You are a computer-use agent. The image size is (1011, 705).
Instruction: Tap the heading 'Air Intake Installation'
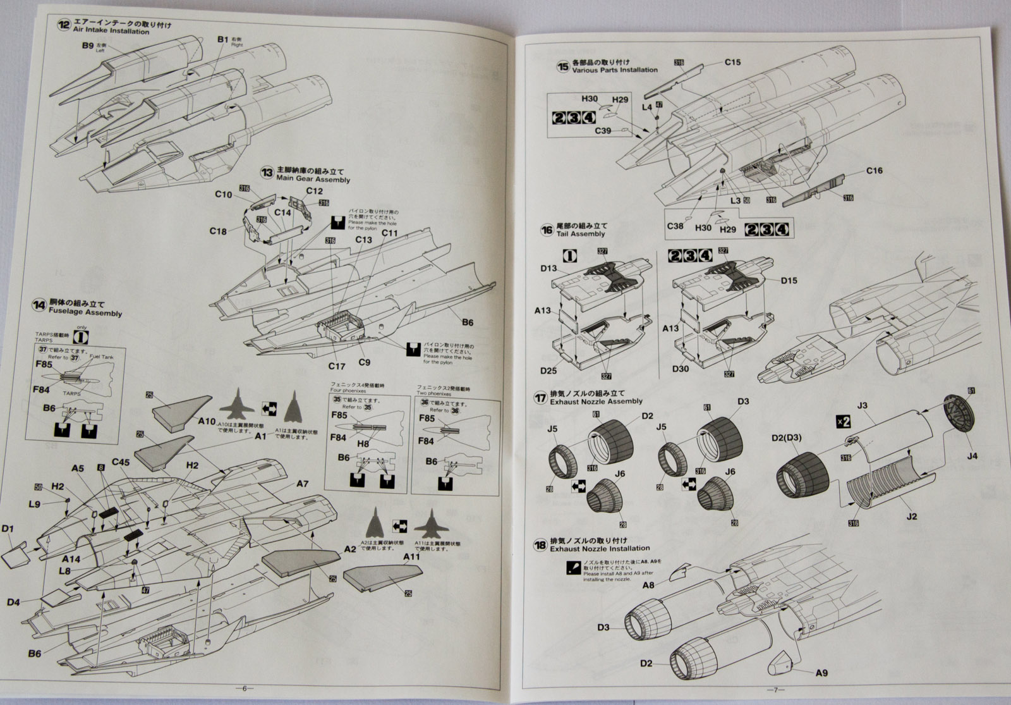pyautogui.click(x=112, y=31)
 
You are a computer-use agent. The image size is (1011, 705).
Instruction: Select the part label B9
pyautogui.click(x=87, y=46)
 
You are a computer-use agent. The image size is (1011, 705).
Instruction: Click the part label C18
pyautogui.click(x=218, y=231)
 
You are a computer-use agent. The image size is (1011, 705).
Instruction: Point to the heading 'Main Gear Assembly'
pyautogui.click(x=313, y=180)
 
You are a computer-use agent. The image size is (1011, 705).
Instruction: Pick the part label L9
pyautogui.click(x=35, y=504)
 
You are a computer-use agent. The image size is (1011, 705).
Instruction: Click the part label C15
pyautogui.click(x=732, y=62)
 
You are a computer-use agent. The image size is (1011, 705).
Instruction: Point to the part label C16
pyautogui.click(x=874, y=171)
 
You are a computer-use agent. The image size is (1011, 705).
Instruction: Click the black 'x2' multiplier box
pyautogui.click(x=844, y=420)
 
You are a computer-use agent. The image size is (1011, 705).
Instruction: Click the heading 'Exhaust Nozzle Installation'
pyautogui.click(x=600, y=548)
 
